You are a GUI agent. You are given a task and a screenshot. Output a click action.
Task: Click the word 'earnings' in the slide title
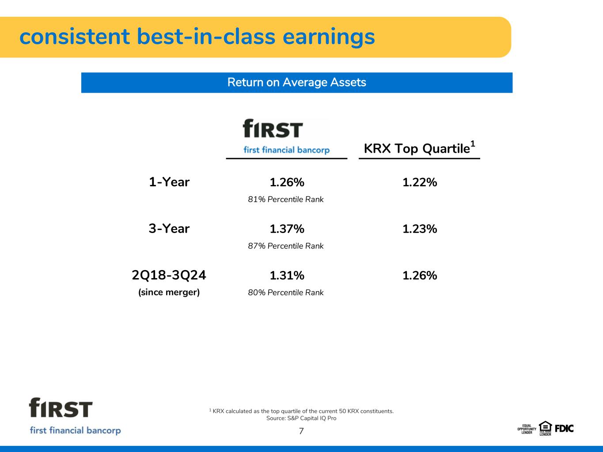pyautogui.click(x=329, y=38)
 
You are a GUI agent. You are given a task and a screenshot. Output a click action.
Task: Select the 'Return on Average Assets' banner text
pyautogui.click(x=297, y=83)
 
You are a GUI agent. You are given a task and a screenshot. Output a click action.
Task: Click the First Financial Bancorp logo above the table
pyautogui.click(x=287, y=136)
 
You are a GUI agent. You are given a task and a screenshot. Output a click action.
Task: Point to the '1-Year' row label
pyautogui.click(x=169, y=182)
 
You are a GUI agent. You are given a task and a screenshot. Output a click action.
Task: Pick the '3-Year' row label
pyautogui.click(x=169, y=229)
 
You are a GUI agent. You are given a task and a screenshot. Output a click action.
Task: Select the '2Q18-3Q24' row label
pyautogui.click(x=169, y=275)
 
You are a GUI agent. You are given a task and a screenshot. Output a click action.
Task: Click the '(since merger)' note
pyautogui.click(x=169, y=292)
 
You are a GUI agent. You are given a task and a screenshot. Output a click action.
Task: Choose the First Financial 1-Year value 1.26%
pyautogui.click(x=287, y=182)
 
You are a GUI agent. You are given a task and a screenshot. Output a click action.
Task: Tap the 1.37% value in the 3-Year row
pyautogui.click(x=287, y=229)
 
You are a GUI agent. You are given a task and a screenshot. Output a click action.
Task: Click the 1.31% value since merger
pyautogui.click(x=287, y=275)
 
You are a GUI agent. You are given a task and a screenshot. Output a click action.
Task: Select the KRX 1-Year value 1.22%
pyautogui.click(x=420, y=182)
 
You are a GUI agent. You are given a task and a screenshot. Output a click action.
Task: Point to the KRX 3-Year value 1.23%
pyautogui.click(x=420, y=229)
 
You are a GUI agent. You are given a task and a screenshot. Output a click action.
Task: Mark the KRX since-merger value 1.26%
pyautogui.click(x=420, y=275)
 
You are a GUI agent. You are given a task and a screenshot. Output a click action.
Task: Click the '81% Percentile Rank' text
pyautogui.click(x=286, y=199)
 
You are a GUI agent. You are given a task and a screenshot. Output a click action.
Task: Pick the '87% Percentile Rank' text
pyautogui.click(x=286, y=246)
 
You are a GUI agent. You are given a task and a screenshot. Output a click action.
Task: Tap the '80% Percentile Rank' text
pyautogui.click(x=286, y=293)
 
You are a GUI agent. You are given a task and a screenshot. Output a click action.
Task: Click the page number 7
pyautogui.click(x=301, y=431)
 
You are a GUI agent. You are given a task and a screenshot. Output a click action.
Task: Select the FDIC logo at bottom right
pyautogui.click(x=564, y=429)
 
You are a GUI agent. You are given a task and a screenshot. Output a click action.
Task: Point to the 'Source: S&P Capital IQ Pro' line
pyautogui.click(x=301, y=418)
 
